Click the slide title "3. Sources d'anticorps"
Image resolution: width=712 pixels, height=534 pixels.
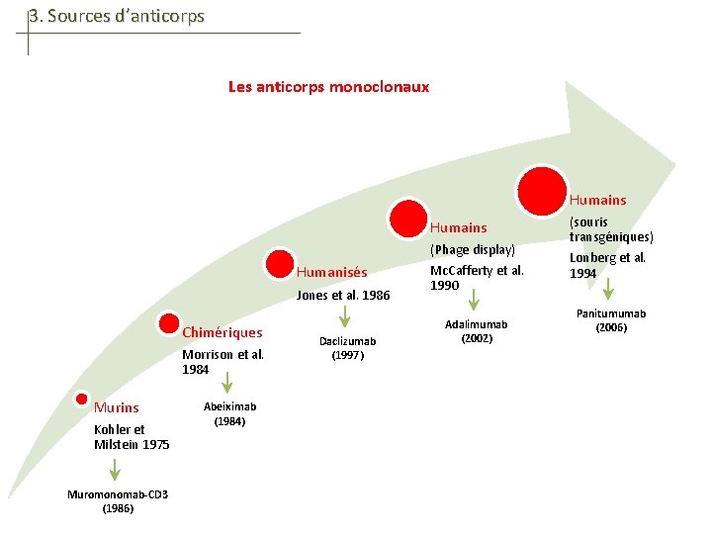(x=116, y=16)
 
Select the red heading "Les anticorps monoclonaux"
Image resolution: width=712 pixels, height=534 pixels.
(x=328, y=86)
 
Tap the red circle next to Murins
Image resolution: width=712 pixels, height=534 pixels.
(x=82, y=398)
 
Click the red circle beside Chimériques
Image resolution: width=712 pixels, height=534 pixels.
(x=167, y=324)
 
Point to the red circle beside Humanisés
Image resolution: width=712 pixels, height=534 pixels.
(x=280, y=263)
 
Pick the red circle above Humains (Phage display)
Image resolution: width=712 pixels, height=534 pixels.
(x=406, y=218)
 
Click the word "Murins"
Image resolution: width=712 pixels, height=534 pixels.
(x=117, y=407)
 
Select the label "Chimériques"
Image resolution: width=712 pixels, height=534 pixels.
(x=222, y=332)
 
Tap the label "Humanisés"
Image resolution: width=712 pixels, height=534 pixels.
(x=332, y=273)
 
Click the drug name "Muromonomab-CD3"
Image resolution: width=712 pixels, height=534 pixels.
(x=118, y=494)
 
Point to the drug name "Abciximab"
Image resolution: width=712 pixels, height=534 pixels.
(x=229, y=406)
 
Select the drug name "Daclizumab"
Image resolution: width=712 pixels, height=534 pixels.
(x=347, y=341)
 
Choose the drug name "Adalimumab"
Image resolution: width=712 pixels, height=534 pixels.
(x=477, y=324)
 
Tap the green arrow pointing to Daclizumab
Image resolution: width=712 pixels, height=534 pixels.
(x=345, y=316)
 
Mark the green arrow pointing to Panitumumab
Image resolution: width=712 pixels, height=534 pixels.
(x=609, y=288)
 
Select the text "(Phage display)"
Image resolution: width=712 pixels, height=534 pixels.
(x=473, y=250)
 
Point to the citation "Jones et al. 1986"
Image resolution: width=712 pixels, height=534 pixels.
(x=343, y=295)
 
